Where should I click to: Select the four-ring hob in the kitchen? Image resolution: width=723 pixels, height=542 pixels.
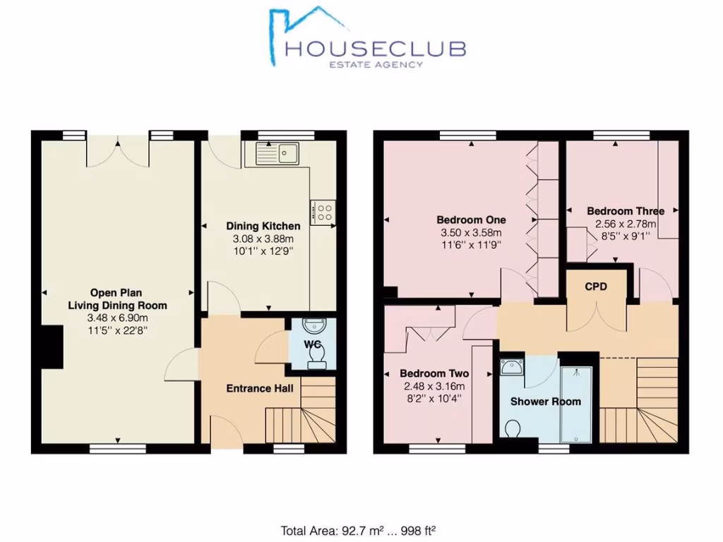click(325, 212)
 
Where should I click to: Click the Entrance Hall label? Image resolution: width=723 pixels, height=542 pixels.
click(259, 388)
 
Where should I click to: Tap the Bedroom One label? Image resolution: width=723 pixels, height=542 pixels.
click(471, 219)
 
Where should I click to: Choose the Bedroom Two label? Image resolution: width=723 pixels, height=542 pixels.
click(434, 373)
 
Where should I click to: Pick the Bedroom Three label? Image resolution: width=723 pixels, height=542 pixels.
click(626, 211)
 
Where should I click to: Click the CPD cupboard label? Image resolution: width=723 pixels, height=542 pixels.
click(596, 287)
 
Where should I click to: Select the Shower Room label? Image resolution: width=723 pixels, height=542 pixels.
click(546, 402)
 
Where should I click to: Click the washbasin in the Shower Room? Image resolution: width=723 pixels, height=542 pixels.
click(510, 366)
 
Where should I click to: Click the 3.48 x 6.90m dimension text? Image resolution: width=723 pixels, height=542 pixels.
click(118, 318)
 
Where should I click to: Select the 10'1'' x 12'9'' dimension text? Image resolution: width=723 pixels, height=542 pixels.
click(263, 250)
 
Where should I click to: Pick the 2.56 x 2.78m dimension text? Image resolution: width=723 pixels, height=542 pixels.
click(626, 224)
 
